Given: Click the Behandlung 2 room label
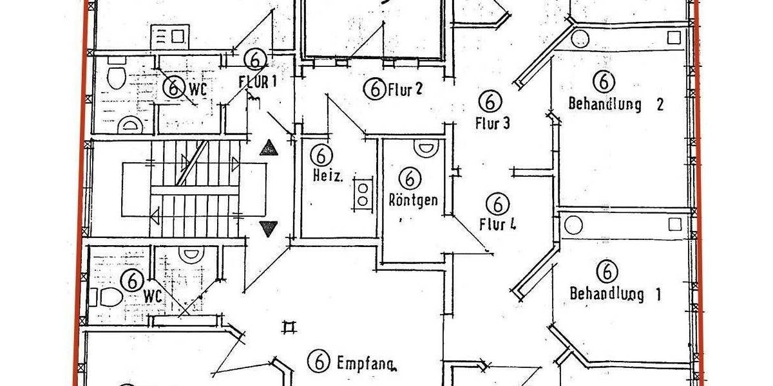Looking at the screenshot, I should pos(615,104).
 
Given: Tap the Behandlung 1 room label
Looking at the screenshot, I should pos(615,294).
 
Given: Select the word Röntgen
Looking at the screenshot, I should pos(412,199).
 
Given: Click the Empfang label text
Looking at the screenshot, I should pos(366,363).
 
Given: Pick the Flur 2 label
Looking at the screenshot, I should pos(405,89).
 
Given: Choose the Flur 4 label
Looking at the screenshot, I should pos(499,225).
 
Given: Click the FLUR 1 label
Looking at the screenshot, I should pos(257,82).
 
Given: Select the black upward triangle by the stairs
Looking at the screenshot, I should pos(268,149).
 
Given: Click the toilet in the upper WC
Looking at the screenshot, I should pos(116,77).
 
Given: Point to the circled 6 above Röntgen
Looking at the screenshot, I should pos(410,178).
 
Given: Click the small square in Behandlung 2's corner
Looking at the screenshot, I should pos(673,37).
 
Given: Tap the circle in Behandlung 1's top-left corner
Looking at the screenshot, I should pos(573,225).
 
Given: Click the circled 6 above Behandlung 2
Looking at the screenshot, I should pos(604,81).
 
